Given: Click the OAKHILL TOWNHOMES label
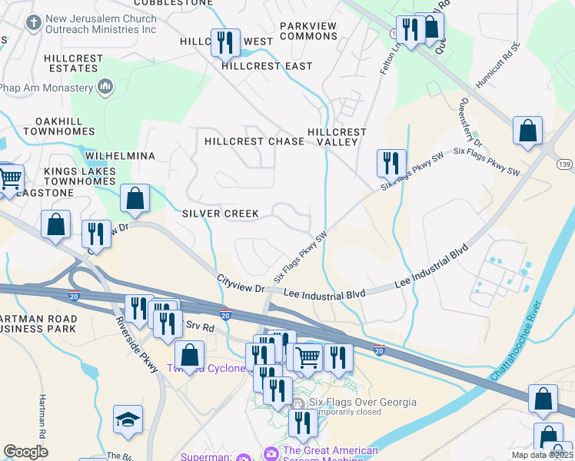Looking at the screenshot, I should tap(58, 127).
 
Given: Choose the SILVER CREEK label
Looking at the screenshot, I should tap(221, 213).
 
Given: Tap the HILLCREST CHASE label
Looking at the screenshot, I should tap(254, 141).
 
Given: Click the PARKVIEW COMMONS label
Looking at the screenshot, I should tap(308, 32).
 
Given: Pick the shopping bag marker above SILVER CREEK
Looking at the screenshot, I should tap(135, 198).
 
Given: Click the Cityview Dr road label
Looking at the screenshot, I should tap(241, 283).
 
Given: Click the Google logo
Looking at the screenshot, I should tap(26, 451).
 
